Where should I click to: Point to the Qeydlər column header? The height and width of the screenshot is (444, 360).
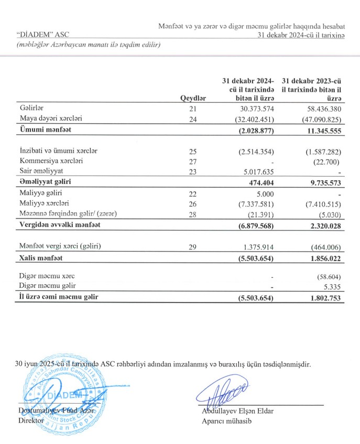coord(193,98)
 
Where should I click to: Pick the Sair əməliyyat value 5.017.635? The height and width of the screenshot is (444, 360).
coord(255,171)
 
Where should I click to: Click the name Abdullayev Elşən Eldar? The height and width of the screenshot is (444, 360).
coord(237,411)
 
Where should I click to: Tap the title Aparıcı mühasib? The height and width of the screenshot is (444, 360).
coord(226,421)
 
